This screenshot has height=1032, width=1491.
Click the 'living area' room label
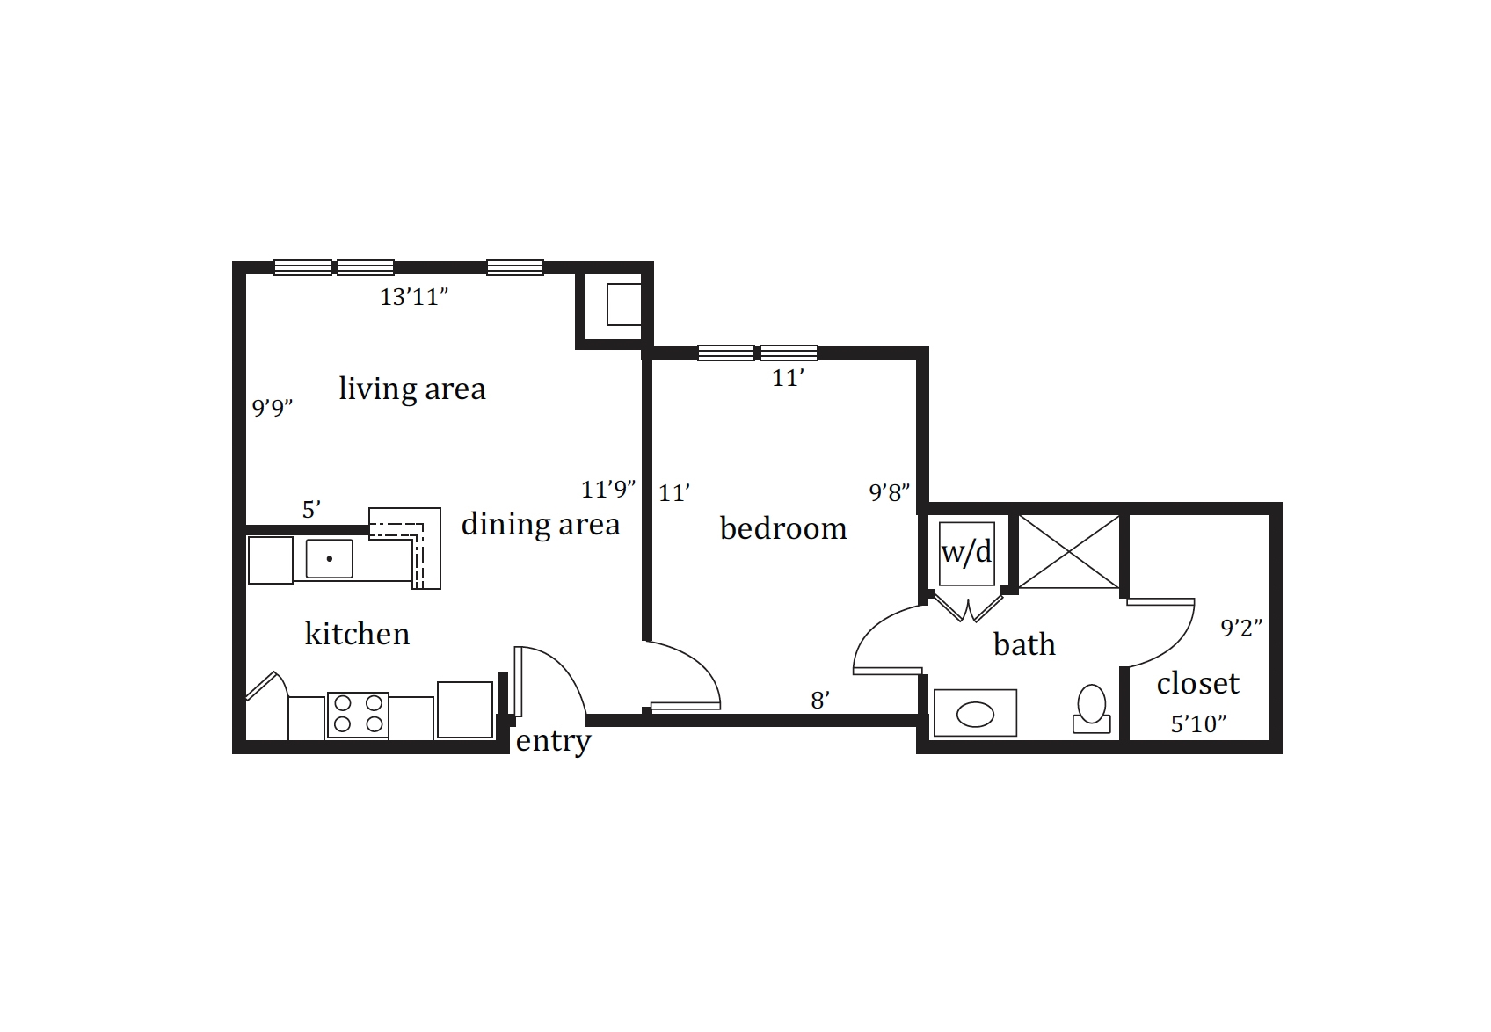[x=412, y=389]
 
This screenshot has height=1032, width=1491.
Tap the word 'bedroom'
[x=783, y=529]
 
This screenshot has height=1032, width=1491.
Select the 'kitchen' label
[x=358, y=634]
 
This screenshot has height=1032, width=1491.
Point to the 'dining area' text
[x=541, y=524]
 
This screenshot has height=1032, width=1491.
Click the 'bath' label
[x=1024, y=644]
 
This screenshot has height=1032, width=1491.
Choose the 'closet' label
[x=1198, y=683]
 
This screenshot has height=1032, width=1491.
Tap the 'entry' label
[x=553, y=741]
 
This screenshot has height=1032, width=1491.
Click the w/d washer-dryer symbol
[x=966, y=554]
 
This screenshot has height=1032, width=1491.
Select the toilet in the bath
[x=1092, y=709]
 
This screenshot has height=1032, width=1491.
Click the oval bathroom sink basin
[x=975, y=716]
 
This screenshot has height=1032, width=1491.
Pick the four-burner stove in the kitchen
[x=358, y=715]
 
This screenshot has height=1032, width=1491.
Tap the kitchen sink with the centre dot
[x=329, y=558]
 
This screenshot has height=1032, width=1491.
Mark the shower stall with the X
[x=1069, y=551]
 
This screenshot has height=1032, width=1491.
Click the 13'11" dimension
[x=414, y=297]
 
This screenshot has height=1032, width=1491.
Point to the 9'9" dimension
[x=273, y=407]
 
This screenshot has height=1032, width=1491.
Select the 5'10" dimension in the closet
[x=1198, y=724]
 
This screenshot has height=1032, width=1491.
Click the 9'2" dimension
[x=1241, y=628]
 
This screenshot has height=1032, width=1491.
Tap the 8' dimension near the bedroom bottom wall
[x=820, y=701]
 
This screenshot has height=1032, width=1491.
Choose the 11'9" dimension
[x=608, y=490]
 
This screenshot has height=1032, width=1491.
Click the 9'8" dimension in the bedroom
[x=890, y=492]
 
